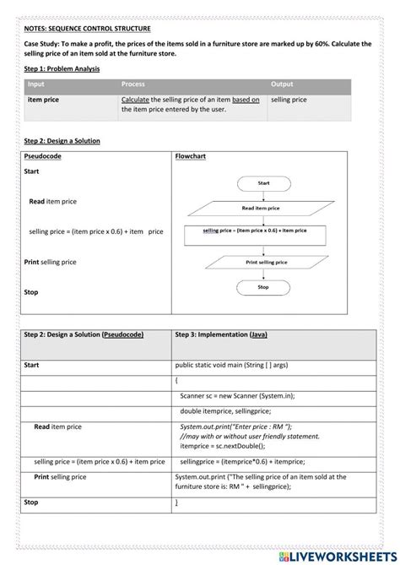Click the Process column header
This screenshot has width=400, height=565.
point(132,85)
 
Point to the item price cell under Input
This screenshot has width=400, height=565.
point(44,100)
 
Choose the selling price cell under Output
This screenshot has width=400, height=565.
point(289,100)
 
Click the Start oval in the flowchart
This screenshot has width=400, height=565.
point(263,182)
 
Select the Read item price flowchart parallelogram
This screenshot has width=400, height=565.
point(261,207)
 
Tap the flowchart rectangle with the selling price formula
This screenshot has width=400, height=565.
point(255,231)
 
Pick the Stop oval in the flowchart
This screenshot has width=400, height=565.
point(263,288)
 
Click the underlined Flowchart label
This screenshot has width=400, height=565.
point(191,156)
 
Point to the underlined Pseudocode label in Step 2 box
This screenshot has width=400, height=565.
point(43,156)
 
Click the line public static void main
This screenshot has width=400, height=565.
point(227,365)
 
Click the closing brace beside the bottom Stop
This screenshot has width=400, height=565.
point(176,503)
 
